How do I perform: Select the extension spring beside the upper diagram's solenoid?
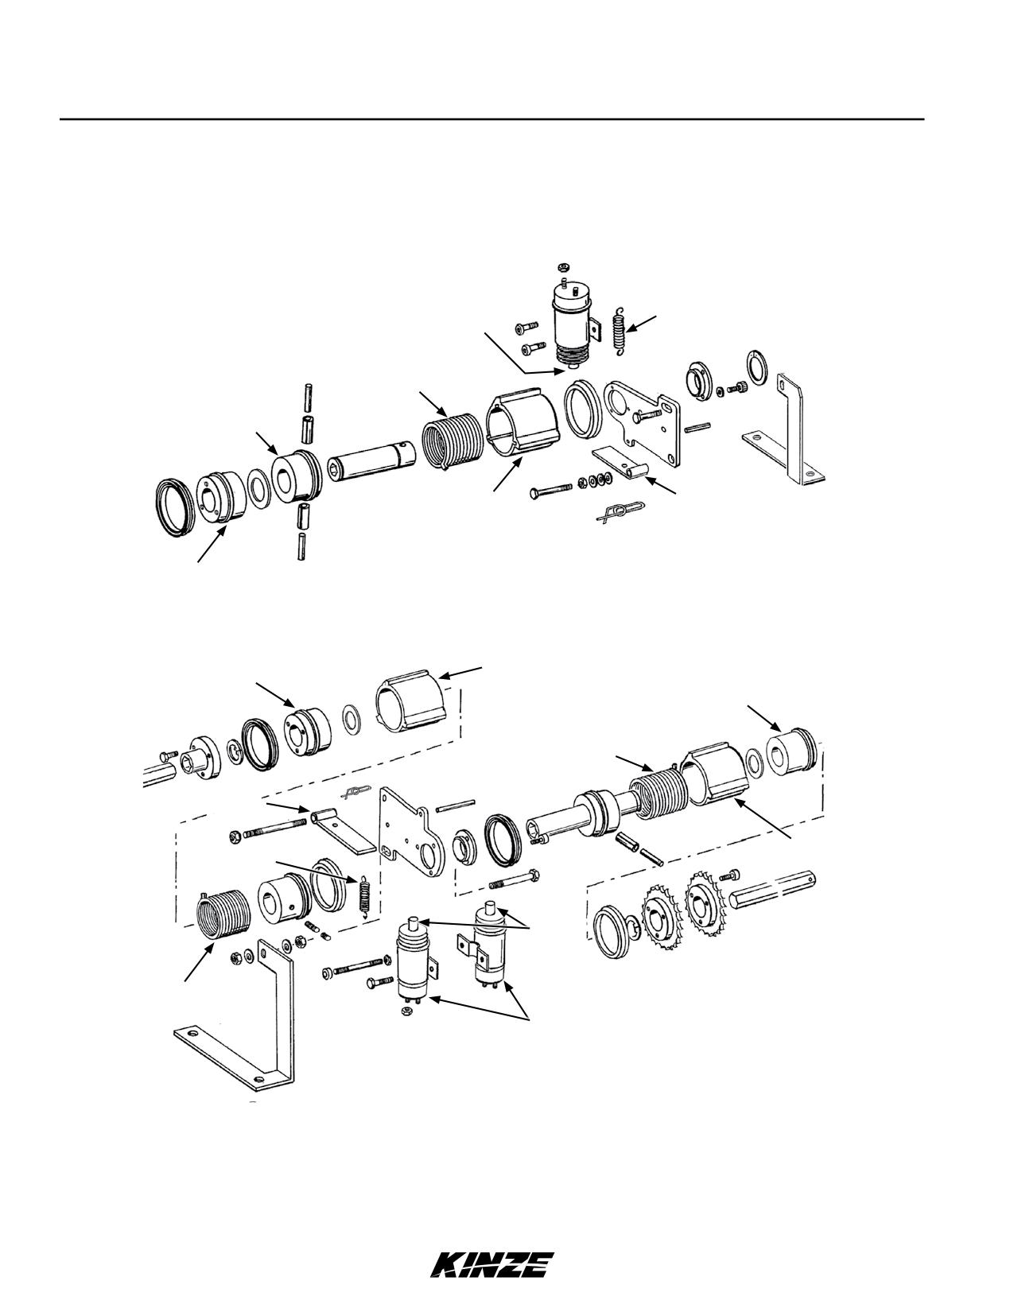[x=619, y=331]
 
